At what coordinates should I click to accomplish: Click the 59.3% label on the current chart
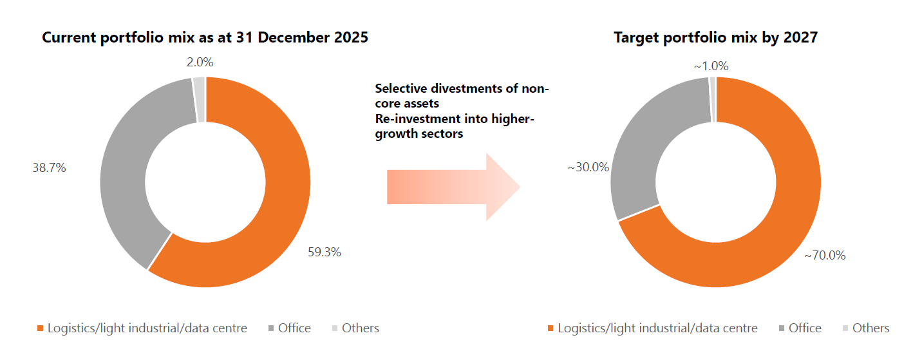[x=324, y=252]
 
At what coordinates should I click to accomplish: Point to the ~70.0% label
[x=824, y=256]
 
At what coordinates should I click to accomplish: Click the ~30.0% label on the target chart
[x=587, y=167]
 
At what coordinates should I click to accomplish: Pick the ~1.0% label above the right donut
[x=711, y=66]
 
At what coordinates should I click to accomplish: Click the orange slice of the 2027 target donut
[x=773, y=245]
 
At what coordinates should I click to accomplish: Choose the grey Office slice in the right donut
[x=634, y=148]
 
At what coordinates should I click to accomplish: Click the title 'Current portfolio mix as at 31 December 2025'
[x=205, y=38]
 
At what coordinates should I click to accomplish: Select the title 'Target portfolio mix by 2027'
[x=715, y=38]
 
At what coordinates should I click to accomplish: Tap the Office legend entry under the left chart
[x=294, y=328]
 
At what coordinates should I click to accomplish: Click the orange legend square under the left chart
[x=41, y=328]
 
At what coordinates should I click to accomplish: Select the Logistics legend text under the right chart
[x=657, y=328]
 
